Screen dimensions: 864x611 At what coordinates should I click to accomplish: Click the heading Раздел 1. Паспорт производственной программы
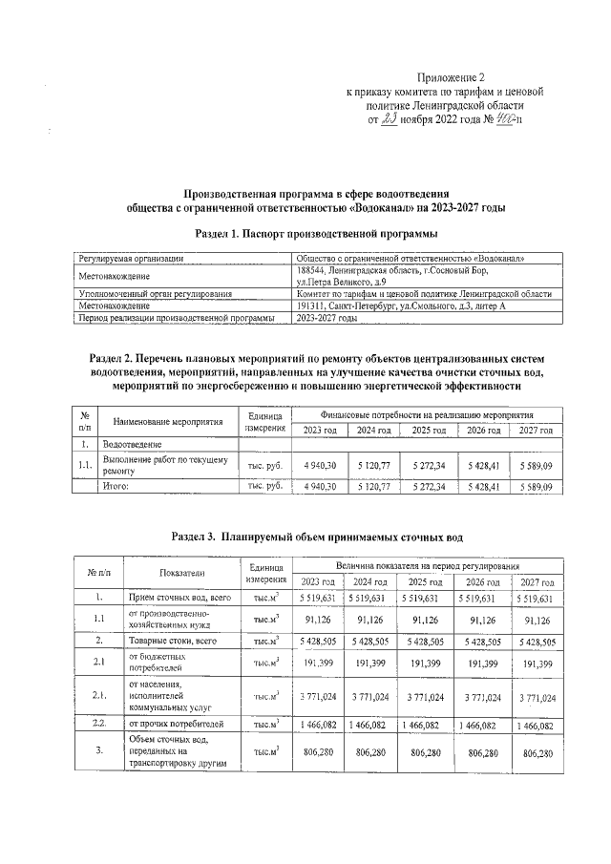click(316, 233)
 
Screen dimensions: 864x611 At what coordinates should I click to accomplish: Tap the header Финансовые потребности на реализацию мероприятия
click(427, 414)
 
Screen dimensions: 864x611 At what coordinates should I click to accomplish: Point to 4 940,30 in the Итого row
click(319, 486)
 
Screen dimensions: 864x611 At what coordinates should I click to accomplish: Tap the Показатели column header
click(179, 574)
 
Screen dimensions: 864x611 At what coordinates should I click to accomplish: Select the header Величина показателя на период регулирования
click(426, 566)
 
